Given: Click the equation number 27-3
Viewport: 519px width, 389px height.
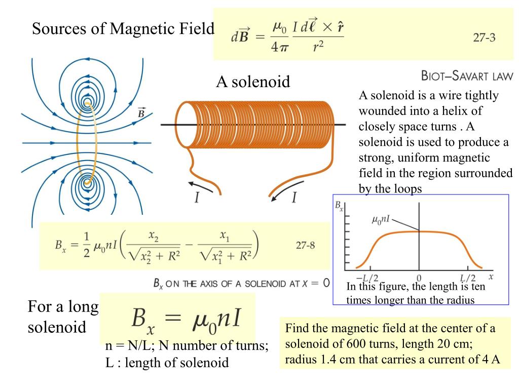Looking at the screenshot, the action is tap(484, 38).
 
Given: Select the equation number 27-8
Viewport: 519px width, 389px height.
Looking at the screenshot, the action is tap(305, 246).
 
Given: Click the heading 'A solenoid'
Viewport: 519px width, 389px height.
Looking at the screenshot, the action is tap(253, 82).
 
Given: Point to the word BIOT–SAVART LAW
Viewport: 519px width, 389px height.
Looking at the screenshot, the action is tap(467, 76).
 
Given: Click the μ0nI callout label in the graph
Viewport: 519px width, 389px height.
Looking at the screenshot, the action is tap(381, 220).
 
